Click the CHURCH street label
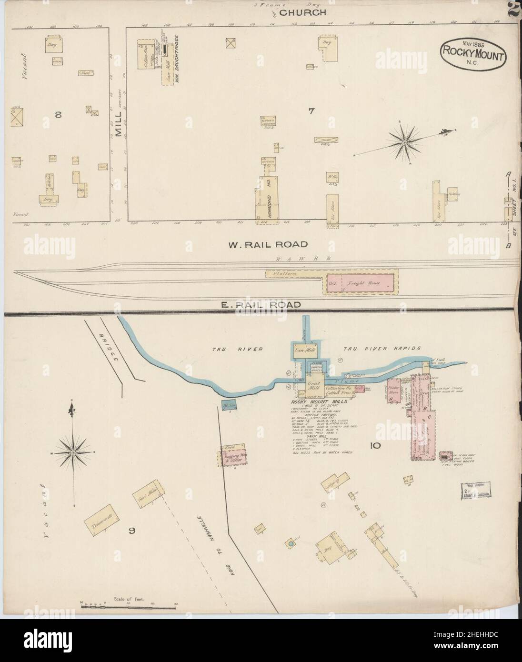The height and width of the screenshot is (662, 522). (x=302, y=13)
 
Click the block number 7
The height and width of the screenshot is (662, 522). (x=311, y=111)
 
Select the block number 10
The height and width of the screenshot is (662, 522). (x=374, y=446)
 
